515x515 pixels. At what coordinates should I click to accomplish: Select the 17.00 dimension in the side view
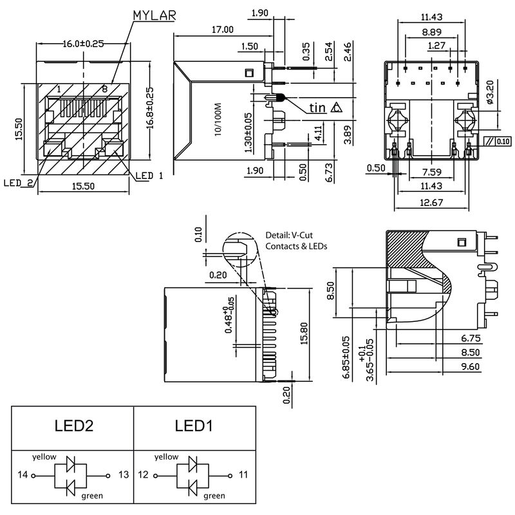[220, 30]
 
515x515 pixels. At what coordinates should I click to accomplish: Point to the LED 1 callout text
[150, 175]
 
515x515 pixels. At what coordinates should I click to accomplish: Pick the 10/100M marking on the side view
[218, 117]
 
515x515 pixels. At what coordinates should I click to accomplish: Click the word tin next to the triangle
[317, 108]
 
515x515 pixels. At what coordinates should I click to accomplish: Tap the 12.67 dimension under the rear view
[431, 204]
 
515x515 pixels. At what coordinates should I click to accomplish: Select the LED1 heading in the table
[194, 426]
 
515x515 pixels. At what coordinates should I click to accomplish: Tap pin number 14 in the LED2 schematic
[23, 475]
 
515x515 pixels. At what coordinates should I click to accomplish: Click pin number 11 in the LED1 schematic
[243, 475]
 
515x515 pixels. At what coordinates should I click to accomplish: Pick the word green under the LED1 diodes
[214, 496]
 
